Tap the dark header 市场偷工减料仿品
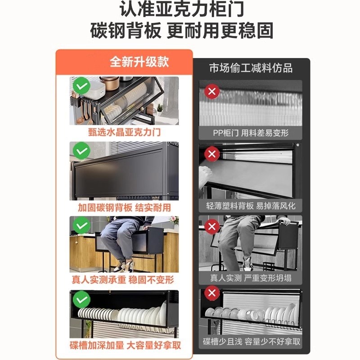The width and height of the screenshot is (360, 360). [x=251, y=68]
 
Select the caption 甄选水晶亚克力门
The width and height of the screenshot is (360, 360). [x=125, y=133]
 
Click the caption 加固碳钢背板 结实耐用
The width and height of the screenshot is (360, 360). [x=124, y=207]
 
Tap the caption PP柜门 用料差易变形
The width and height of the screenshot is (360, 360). [x=251, y=133]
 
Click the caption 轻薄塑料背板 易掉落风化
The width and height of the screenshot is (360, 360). [x=251, y=206]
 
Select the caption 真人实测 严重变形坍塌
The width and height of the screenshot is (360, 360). [x=251, y=278]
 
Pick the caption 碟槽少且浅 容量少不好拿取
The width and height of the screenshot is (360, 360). [x=251, y=342]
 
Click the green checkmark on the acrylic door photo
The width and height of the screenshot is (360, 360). [x=81, y=85]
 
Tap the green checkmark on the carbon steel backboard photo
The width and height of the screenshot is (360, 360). [x=81, y=151]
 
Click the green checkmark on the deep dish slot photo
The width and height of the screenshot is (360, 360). [x=81, y=299]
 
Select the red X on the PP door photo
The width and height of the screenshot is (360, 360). [x=211, y=92]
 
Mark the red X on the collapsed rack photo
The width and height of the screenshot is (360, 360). [x=211, y=226]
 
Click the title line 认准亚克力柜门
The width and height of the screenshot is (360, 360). [x=180, y=10]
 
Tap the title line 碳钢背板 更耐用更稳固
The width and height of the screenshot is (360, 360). [x=180, y=32]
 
